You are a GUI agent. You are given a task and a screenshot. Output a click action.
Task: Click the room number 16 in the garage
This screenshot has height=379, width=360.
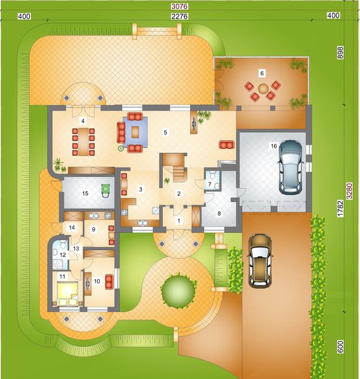[x=273, y=146]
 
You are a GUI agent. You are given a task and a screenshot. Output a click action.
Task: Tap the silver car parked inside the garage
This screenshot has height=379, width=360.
[x=291, y=165]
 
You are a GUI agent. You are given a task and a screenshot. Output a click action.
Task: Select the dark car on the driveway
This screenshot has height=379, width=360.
[x=260, y=260]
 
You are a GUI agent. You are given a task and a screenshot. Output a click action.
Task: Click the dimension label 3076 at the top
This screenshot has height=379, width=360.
[x=179, y=6]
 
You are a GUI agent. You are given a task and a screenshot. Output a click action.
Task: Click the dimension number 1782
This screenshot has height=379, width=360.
[x=340, y=208]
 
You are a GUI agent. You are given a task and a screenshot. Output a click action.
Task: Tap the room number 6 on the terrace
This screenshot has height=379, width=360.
[x=261, y=73]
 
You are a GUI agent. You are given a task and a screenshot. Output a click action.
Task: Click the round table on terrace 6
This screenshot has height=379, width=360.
[x=262, y=88]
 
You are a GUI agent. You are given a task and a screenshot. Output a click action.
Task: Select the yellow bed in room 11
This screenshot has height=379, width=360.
[x=68, y=292]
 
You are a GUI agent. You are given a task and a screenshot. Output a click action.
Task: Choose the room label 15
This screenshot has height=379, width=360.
[x=83, y=193]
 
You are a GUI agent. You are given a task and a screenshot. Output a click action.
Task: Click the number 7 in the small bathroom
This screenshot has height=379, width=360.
[x=209, y=184]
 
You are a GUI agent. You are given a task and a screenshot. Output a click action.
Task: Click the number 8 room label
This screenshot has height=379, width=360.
[x=219, y=214]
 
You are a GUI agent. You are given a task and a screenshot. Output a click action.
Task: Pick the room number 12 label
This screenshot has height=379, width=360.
[x=63, y=255]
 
